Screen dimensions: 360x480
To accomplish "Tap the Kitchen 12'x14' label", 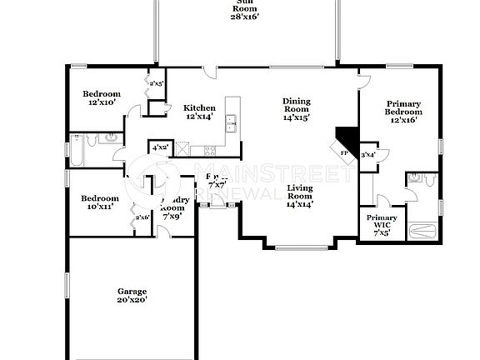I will [x=200, y=112].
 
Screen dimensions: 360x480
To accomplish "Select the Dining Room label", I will [x=297, y=109].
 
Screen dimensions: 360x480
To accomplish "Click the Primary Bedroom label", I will [x=402, y=112].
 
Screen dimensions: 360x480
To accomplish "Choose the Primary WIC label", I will [x=382, y=225].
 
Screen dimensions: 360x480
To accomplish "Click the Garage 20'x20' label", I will [x=132, y=296].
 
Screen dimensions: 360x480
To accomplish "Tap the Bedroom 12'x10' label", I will [x=102, y=98].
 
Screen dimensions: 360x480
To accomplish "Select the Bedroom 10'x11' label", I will [x=99, y=202].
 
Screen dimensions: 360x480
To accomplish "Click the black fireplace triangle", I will [x=344, y=138].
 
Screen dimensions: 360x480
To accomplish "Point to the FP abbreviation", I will [x=344, y=153].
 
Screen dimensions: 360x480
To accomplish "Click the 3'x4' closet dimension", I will [x=367, y=154].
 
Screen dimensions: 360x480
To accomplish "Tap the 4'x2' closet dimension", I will [x=158, y=147].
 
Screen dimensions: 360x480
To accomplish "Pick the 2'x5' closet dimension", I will [x=156, y=83].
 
